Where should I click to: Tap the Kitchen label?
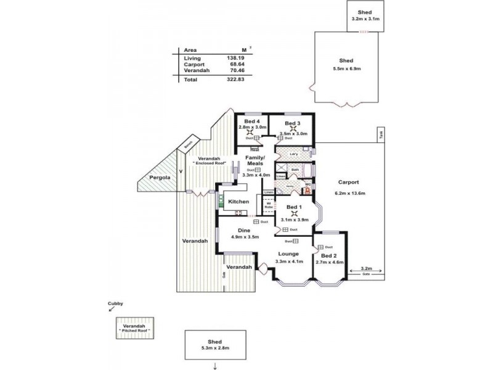point(238,202)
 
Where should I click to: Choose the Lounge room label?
point(288,254)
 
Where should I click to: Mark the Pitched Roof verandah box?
point(134,327)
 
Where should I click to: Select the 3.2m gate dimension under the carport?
point(366,269)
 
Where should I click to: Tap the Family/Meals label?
point(255,161)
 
